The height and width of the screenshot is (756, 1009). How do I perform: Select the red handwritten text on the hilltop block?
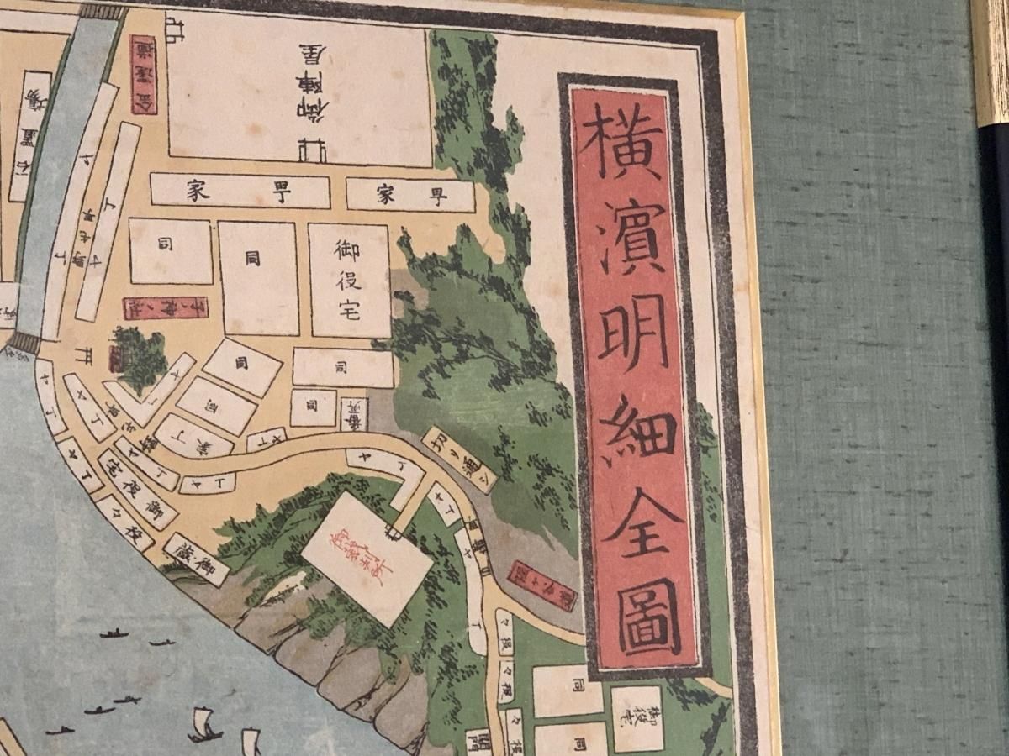366,555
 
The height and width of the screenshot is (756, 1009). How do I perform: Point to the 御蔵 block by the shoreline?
197,559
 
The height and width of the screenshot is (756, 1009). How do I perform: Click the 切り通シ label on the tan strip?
459,459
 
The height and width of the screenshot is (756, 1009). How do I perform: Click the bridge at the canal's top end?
100,12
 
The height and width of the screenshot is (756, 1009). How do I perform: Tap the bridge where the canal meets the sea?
24,343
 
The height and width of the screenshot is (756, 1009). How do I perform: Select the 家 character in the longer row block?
193,192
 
